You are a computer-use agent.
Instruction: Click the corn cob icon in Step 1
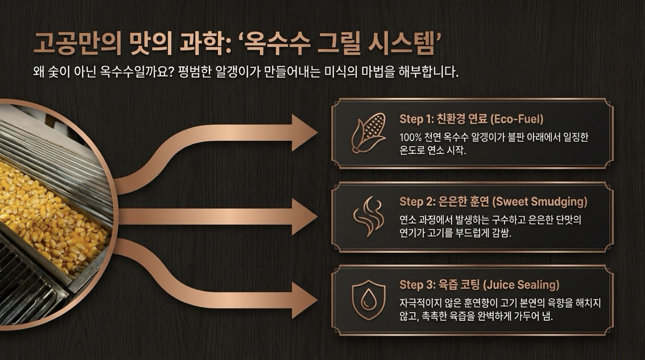(369, 132)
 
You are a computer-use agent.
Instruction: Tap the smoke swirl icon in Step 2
(369, 216)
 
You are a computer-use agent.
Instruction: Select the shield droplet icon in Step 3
(369, 299)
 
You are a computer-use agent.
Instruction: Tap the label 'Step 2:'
(416, 202)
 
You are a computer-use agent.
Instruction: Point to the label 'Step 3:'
(416, 285)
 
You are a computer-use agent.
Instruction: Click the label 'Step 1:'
(416, 119)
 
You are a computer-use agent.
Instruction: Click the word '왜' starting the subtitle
(37, 72)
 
